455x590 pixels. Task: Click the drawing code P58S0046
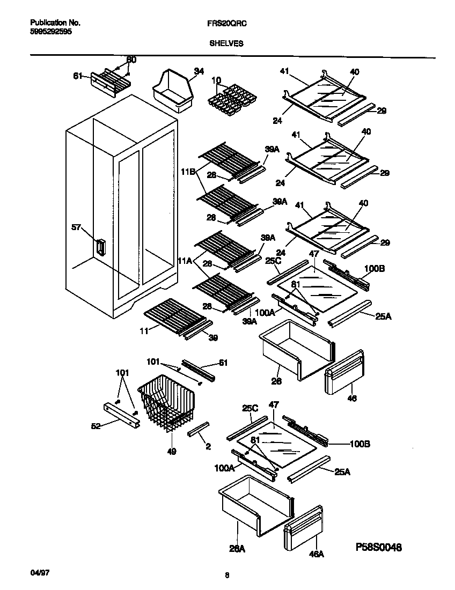pos(379,547)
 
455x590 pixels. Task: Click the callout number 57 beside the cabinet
pos(77,227)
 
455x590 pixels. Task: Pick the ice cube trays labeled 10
pos(231,96)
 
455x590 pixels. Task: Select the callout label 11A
pos(185,261)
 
